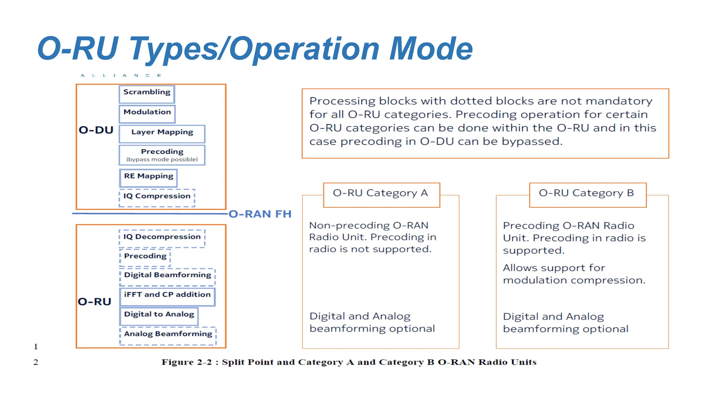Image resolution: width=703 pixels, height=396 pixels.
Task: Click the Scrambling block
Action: [x=147, y=94]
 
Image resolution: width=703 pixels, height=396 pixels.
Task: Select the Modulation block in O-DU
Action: [x=147, y=114]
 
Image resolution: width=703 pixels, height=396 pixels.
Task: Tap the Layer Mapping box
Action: [x=162, y=134]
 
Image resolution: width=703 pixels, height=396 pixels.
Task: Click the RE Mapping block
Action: [x=148, y=178]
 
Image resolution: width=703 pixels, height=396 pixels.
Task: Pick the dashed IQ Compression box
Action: [x=157, y=197]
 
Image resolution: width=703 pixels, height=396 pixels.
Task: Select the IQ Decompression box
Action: [x=162, y=238]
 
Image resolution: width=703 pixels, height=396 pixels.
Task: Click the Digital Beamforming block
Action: [x=168, y=276]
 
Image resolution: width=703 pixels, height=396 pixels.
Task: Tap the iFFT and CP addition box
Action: [x=167, y=296]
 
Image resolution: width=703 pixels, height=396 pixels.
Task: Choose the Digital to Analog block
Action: [x=159, y=316]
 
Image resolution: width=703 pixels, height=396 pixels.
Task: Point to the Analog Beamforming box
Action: [x=168, y=335]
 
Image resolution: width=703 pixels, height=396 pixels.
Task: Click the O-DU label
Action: [x=96, y=130]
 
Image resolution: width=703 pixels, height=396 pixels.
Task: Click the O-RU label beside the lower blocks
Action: [x=94, y=302]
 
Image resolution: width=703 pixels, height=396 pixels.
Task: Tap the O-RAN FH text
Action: [x=260, y=214]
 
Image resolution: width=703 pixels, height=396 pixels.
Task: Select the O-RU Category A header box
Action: [x=381, y=194]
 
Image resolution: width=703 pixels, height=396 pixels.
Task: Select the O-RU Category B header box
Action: [x=587, y=194]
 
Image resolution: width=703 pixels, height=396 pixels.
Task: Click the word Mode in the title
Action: [x=431, y=49]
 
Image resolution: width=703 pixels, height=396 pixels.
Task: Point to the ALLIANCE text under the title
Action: [x=121, y=75]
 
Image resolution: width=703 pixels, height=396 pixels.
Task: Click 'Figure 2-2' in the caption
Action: [x=187, y=362]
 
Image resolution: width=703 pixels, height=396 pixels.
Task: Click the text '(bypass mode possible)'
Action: [x=162, y=159]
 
